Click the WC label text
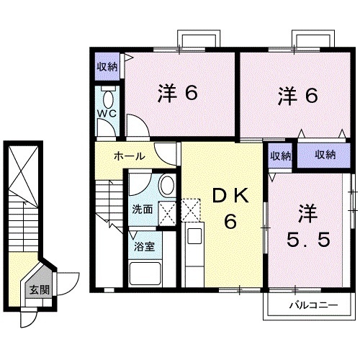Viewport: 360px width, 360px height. click(107, 114)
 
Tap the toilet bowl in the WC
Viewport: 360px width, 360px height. click(109, 98)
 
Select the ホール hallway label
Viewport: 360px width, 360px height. click(130, 156)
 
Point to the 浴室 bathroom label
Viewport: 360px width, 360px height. click(141, 246)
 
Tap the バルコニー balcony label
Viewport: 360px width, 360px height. click(313, 305)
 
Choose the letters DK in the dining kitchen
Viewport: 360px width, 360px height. click(230, 196)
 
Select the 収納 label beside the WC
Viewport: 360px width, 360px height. click(107, 67)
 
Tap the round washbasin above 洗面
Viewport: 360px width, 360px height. click(165, 186)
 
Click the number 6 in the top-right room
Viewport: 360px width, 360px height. click(311, 95)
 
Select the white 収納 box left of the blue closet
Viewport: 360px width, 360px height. click(281, 156)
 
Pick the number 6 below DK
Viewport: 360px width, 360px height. click(230, 222)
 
